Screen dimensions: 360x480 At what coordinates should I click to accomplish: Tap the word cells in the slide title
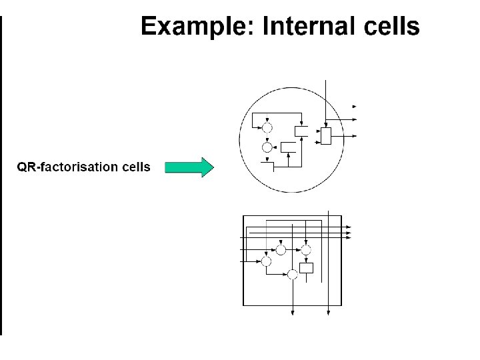tap(390, 27)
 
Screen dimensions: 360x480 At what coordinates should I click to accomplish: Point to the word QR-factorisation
tap(67, 167)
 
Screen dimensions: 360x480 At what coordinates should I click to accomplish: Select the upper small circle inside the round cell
tap(267, 127)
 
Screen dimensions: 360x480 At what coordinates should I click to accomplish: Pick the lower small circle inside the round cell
tap(267, 147)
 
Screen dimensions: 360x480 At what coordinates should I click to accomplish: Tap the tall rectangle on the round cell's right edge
tap(325, 135)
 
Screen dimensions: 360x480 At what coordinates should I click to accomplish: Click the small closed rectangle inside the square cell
tap(306, 268)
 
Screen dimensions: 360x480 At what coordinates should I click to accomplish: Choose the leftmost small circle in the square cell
tap(266, 261)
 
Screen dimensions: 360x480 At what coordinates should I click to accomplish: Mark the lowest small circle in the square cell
tap(291, 274)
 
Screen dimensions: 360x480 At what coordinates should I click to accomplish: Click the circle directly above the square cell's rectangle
tap(306, 250)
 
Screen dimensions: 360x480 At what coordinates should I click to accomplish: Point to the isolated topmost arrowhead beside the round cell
tap(355, 106)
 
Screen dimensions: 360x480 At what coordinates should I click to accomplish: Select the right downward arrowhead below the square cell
tap(329, 314)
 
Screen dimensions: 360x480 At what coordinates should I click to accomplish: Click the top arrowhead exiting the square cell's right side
tap(348, 228)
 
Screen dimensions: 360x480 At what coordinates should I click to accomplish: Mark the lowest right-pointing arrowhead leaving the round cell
tap(355, 135)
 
